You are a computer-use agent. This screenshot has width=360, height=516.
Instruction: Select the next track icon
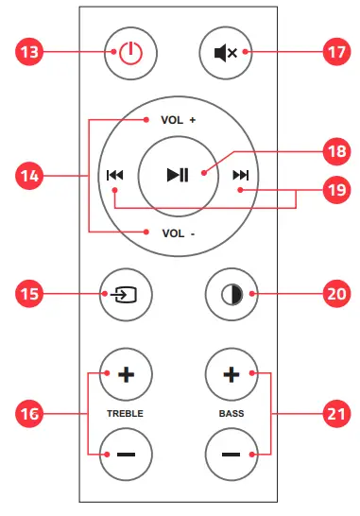pos(241,175)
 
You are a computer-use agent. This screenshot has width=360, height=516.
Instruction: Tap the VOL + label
pos(178,121)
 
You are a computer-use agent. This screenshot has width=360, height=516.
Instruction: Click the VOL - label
pos(178,232)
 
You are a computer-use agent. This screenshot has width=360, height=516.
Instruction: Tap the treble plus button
pos(127,374)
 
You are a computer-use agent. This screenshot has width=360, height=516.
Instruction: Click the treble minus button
pos(127,454)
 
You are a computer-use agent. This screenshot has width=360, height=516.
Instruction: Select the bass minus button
pos(230,454)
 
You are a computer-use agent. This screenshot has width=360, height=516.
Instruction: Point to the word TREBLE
pos(127,414)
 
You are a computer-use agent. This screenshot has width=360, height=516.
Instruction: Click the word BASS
pos(230,414)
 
